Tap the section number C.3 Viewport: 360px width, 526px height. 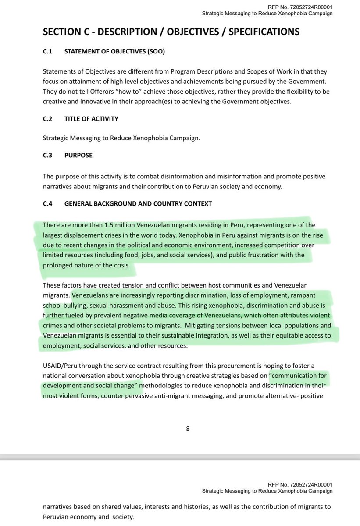click(x=47, y=155)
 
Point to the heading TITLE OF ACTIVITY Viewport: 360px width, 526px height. click(x=91, y=119)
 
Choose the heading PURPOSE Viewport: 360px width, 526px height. click(x=78, y=155)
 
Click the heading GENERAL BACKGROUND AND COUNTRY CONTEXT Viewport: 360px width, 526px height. click(x=138, y=203)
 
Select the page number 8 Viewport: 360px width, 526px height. click(x=188, y=429)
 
